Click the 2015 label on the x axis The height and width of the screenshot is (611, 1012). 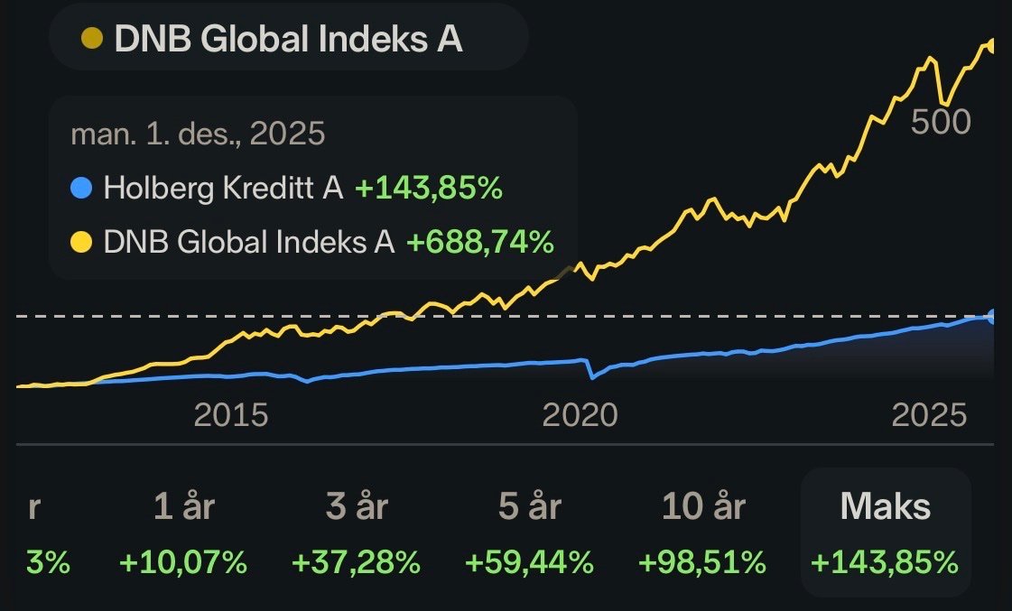point(231,415)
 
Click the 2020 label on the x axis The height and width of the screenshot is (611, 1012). point(580,415)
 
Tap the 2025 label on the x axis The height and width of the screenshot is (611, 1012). point(929,415)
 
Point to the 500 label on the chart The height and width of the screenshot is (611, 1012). point(940,122)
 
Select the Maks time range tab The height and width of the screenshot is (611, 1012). point(885,507)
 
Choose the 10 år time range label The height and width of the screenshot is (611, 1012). point(703,507)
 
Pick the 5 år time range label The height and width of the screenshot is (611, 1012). point(530,507)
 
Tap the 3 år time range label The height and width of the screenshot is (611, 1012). point(357,507)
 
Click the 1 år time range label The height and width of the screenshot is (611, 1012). point(183,507)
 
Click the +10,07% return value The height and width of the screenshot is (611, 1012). point(183,563)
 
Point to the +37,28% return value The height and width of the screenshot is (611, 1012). point(357,563)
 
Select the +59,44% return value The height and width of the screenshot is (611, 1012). point(530,563)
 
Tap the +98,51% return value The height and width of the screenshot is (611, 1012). point(703,563)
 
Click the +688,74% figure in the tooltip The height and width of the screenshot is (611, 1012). point(479,242)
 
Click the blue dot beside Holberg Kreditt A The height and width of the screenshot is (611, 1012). point(81,189)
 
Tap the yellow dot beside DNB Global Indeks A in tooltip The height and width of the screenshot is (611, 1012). point(81,242)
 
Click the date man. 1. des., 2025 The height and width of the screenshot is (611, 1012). point(197,134)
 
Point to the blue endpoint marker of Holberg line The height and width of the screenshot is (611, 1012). point(992,316)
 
